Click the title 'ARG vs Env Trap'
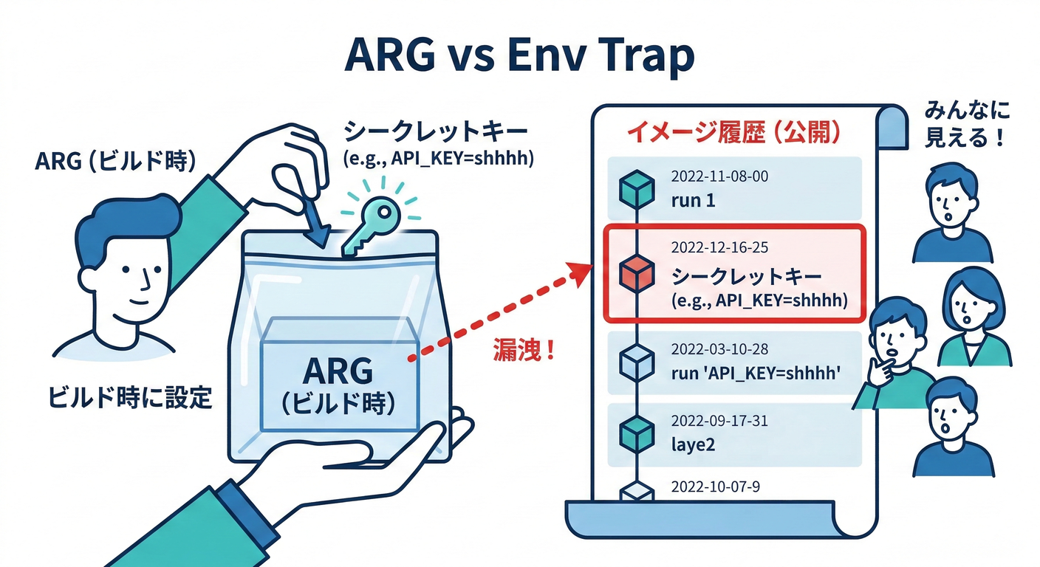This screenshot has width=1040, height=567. [519, 55]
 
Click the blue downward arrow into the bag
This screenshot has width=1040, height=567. [316, 221]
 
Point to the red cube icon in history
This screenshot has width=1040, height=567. [636, 274]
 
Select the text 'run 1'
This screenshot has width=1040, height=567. [693, 200]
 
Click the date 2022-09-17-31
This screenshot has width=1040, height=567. [719, 422]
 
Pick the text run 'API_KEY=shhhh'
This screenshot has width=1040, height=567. [757, 374]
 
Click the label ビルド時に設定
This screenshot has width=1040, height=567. [130, 398]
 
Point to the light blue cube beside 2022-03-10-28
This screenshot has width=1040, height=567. [636, 362]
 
